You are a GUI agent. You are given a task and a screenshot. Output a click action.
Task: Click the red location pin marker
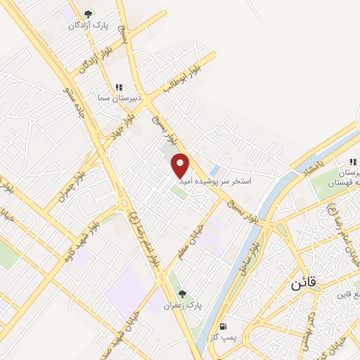click(181, 165)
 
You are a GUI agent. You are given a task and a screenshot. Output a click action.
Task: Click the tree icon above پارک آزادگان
click(88, 14)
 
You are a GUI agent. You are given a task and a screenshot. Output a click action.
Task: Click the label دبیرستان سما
click(120, 98)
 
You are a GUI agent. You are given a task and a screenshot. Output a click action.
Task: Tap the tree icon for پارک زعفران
click(183, 295)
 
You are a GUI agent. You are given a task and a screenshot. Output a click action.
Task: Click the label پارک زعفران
click(183, 306)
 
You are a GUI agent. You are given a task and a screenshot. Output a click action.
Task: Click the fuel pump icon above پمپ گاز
click(224, 326)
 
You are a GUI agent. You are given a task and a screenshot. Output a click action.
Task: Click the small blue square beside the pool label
click(215, 170)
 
